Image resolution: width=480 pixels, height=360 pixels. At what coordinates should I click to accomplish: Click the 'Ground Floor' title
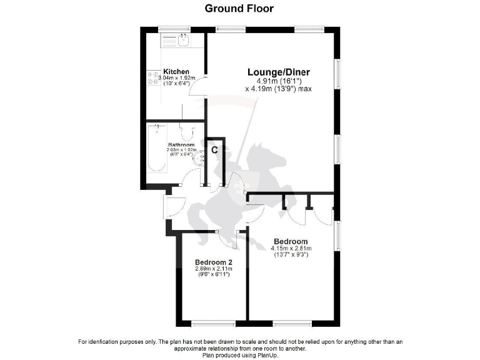[x=239, y=9]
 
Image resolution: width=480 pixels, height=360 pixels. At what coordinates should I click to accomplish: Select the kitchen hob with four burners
[x=154, y=77]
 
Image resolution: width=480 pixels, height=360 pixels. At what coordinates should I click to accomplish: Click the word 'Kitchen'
[x=176, y=72]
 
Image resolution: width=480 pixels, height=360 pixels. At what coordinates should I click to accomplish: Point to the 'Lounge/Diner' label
[x=278, y=72]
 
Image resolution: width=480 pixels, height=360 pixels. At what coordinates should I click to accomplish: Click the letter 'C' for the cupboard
[x=214, y=150]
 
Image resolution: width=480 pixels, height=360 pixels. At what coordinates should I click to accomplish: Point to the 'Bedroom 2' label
[x=213, y=262]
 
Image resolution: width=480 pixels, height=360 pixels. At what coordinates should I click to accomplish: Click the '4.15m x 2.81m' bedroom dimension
[x=291, y=249]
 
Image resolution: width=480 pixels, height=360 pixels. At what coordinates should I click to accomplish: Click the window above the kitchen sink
[x=174, y=28]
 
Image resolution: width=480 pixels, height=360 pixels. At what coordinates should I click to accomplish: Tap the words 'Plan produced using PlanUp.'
[x=239, y=354]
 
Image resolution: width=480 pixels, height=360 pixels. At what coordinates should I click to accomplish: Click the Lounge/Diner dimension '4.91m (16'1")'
[x=278, y=81]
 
